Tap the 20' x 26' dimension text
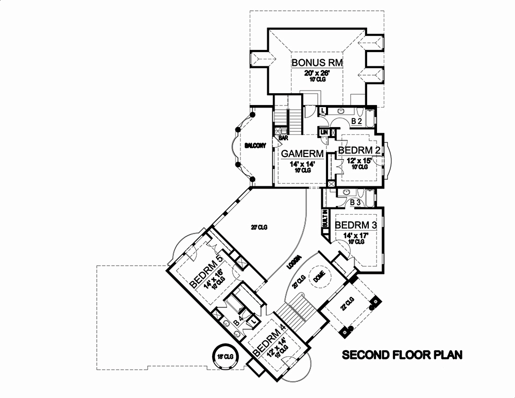click(310, 74)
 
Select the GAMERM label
click(302, 153)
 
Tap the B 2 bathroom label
click(357, 122)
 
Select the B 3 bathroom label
click(355, 203)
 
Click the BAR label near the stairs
click(283, 138)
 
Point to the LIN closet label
click(324, 133)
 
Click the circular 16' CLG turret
click(222, 356)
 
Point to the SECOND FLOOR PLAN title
click(402, 355)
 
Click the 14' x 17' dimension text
click(355, 235)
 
